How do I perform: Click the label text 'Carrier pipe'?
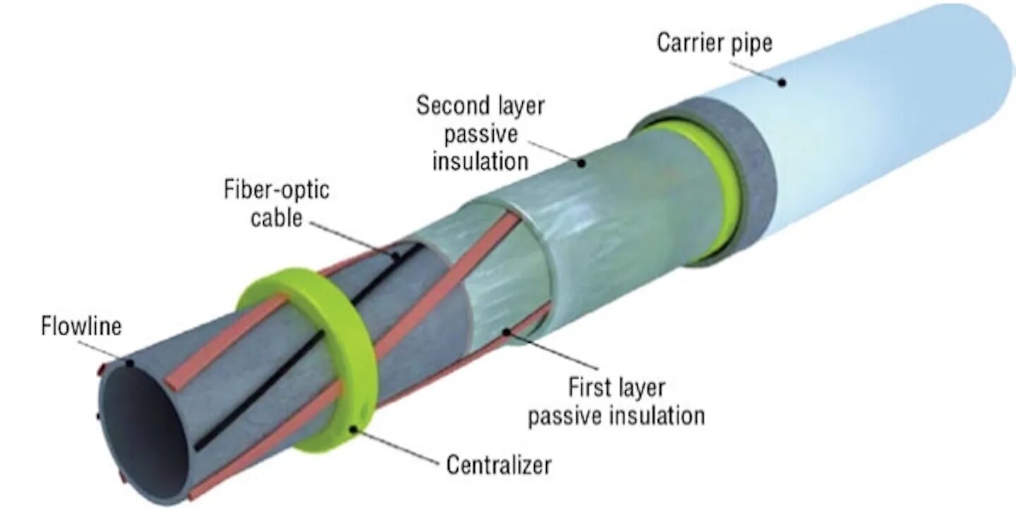point(715,43)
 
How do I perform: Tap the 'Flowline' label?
point(81,327)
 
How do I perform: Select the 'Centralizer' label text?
point(499,466)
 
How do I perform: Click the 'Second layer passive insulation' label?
point(480,134)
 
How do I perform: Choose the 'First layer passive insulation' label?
point(617,401)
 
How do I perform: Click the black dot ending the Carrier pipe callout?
point(782,83)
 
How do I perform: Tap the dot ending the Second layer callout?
point(582,163)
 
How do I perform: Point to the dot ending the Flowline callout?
point(130,364)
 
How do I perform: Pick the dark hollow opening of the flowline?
point(145,434)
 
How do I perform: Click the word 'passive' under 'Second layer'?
point(480,134)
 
